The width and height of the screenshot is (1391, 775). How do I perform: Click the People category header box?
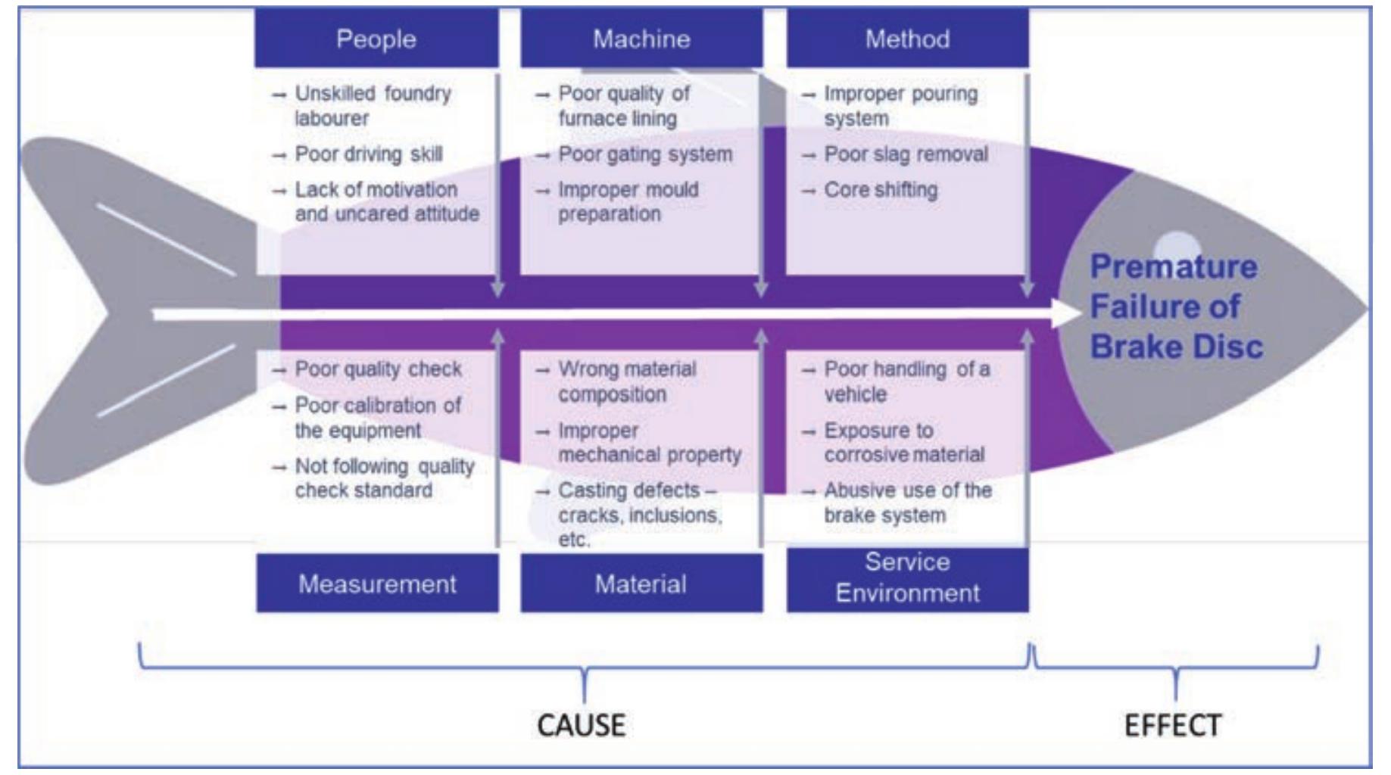point(376,39)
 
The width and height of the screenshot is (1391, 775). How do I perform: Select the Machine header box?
point(641,39)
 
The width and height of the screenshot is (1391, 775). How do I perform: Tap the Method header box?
point(907,39)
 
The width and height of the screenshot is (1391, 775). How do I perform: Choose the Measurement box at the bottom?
point(377,584)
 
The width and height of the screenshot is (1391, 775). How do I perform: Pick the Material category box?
point(641,584)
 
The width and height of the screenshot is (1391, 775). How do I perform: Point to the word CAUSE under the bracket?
point(581,725)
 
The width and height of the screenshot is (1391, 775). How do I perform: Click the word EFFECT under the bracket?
point(1172,725)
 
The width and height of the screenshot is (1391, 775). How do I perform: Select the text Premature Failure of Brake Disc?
point(1174,307)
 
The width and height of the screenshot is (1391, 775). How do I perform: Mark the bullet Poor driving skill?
point(368,154)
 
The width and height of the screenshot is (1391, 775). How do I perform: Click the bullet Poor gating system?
point(644,154)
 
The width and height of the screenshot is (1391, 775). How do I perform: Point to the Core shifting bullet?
point(880,190)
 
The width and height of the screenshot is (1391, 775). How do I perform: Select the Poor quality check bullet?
point(377,369)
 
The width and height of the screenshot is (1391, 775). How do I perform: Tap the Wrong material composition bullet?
point(626,381)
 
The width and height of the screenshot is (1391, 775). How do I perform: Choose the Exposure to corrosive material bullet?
point(903,442)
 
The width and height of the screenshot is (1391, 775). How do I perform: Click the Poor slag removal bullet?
point(906,154)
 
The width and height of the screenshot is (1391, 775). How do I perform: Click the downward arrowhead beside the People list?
point(497,288)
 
